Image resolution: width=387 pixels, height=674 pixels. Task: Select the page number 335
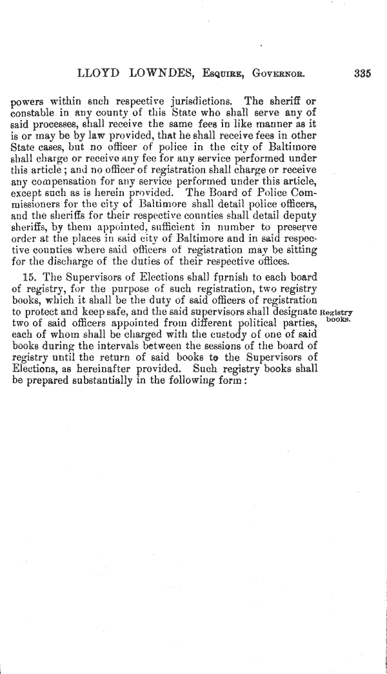(x=362, y=74)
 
